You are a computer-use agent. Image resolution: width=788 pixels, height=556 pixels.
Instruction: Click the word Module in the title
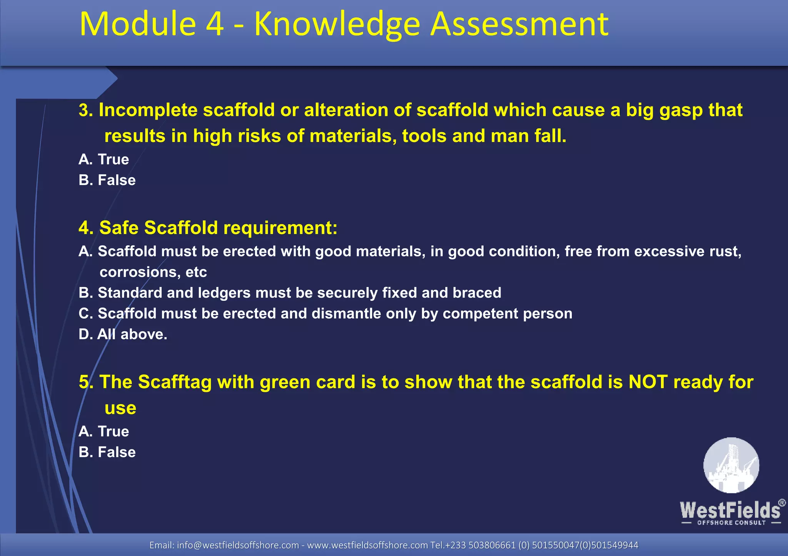[138, 24]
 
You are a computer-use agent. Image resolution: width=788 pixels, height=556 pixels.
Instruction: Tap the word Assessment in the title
[519, 24]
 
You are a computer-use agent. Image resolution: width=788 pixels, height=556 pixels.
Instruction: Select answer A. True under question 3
[104, 159]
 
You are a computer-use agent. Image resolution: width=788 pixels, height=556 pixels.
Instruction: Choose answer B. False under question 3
[107, 180]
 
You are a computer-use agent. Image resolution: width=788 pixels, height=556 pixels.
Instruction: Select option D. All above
[123, 334]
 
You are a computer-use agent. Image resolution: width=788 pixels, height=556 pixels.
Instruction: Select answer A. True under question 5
[104, 431]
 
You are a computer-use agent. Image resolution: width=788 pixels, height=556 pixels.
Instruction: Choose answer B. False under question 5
[107, 452]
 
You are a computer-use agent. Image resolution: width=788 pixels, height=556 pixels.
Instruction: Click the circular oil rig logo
[731, 465]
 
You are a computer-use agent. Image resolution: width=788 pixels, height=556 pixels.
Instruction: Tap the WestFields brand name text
[730, 511]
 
